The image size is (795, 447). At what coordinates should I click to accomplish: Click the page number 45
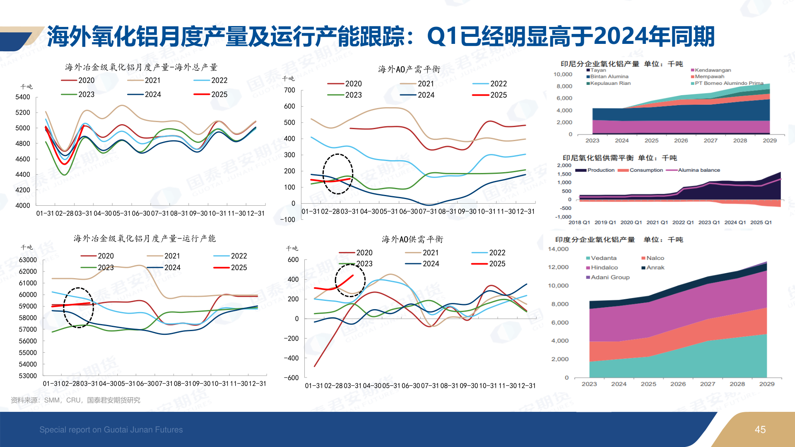[x=760, y=430]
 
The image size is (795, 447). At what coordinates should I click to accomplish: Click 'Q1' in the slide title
[x=442, y=36]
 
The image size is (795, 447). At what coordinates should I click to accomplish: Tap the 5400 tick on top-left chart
[x=23, y=97]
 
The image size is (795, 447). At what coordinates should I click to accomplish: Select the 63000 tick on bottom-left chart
[x=28, y=260]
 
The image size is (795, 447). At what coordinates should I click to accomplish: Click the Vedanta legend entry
[x=603, y=258]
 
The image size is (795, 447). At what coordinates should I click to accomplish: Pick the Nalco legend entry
[x=655, y=258]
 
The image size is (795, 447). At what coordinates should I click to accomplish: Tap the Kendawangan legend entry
[x=712, y=70]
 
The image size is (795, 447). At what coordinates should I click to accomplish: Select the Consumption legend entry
[x=646, y=170]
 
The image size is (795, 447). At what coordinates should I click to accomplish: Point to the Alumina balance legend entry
[x=699, y=170]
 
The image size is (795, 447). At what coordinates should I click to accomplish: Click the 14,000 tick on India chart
[x=558, y=249]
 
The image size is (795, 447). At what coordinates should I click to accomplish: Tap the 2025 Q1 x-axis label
[x=761, y=222]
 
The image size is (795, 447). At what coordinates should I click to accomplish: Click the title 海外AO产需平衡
[x=409, y=69]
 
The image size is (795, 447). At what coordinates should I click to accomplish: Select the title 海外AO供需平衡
[x=412, y=239]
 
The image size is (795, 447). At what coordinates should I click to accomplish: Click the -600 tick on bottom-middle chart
[x=291, y=377]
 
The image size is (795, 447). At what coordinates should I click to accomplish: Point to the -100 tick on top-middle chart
[x=287, y=219]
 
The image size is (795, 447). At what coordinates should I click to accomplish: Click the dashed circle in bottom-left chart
[x=78, y=308]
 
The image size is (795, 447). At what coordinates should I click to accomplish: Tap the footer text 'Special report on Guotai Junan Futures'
[x=111, y=430]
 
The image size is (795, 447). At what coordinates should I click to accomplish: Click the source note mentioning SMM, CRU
[x=75, y=400]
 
